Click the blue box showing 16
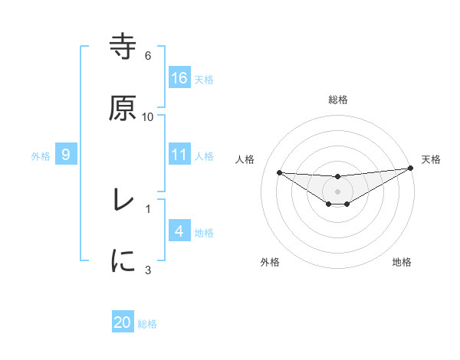(179, 77)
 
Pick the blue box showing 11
(179, 155)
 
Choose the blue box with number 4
(179, 231)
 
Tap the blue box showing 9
(66, 155)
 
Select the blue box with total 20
(123, 322)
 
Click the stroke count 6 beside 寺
(148, 56)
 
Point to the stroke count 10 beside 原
(148, 116)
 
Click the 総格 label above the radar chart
(338, 100)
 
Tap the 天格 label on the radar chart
(431, 159)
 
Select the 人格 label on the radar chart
(245, 159)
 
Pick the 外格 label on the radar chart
(270, 262)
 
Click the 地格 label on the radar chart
(402, 262)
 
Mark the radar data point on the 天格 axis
(411, 169)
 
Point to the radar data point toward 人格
(279, 172)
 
